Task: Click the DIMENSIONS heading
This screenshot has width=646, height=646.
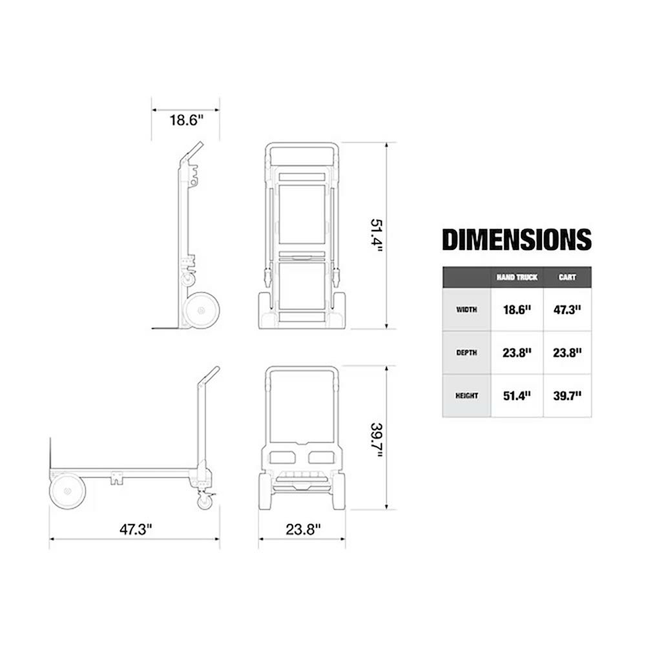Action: (x=517, y=240)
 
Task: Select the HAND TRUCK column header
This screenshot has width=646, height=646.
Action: (x=517, y=277)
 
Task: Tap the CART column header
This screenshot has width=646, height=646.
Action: (x=567, y=277)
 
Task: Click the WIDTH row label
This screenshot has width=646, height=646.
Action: (x=466, y=309)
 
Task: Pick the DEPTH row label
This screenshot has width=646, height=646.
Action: (x=466, y=353)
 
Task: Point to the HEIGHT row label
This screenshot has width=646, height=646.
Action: (x=466, y=396)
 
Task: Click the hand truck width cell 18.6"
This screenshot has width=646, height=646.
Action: (x=517, y=309)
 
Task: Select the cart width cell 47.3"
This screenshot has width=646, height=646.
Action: (x=567, y=309)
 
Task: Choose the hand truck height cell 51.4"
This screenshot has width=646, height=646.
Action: (x=517, y=396)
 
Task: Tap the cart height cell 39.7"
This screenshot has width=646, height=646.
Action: (x=567, y=396)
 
